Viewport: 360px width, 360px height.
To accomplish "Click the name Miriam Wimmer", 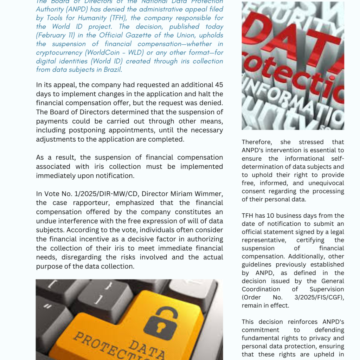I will pyautogui.click(x=201, y=194).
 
